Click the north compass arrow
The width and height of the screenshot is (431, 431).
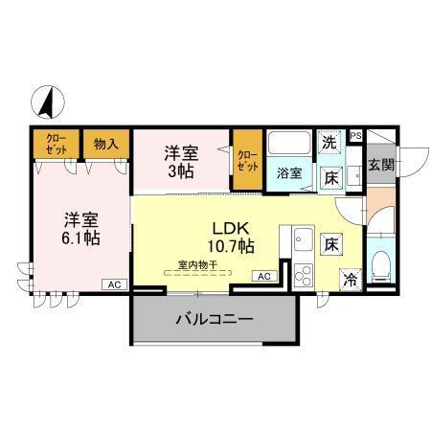(47, 100)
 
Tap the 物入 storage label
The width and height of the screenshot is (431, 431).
(105, 144)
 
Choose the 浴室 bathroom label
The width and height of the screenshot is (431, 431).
(289, 174)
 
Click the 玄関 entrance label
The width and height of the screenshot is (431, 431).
(380, 164)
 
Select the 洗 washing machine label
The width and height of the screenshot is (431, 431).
(329, 141)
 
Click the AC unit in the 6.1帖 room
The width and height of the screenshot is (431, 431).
(114, 284)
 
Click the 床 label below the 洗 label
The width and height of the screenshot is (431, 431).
(330, 177)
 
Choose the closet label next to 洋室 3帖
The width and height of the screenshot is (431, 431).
(246, 159)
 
